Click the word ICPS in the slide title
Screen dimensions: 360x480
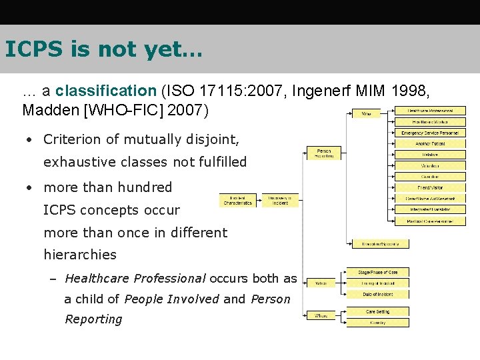pos(31,49)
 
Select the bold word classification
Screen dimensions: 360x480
pos(105,91)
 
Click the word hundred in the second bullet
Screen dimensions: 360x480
pos(142,187)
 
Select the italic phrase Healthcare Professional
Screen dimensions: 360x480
pos(135,279)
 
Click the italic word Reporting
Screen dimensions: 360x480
pos(93,319)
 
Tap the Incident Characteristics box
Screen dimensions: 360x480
pos(237,200)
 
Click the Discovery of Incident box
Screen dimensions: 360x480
pos(280,200)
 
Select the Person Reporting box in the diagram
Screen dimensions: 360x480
pos(323,153)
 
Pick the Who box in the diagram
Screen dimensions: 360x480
pos(366,113)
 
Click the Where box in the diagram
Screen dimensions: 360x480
pos(321,315)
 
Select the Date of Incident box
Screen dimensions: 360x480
pos(377,294)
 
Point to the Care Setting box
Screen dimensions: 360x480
pos(377,311)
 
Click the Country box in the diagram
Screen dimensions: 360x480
pos(377,323)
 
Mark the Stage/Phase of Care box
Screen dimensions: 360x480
pos(377,272)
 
